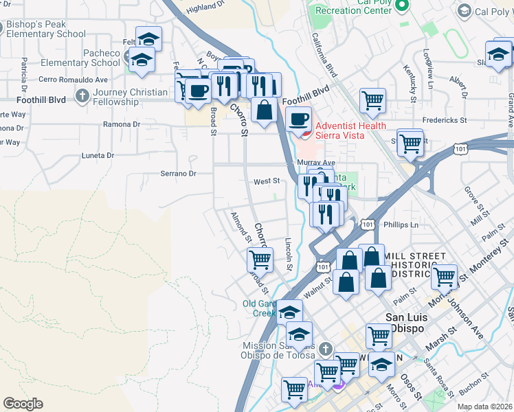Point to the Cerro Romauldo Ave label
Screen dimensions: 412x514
coord(74,79)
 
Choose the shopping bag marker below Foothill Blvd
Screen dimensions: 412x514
coord(264,109)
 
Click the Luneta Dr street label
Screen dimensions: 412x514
coord(98,156)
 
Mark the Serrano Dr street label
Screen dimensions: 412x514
coord(179,174)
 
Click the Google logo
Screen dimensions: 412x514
coord(23,404)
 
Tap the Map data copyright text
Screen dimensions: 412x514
coord(484,407)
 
